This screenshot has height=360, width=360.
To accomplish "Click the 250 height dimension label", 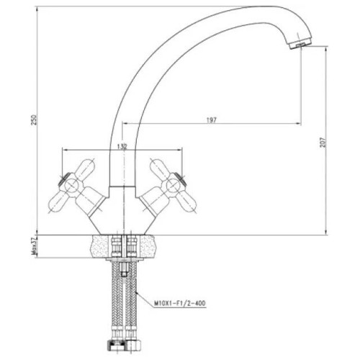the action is [35, 120].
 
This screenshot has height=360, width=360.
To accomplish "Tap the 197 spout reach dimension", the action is [212, 120].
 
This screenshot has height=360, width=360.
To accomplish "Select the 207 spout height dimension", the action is [323, 142].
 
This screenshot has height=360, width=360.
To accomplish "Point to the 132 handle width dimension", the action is [122, 146].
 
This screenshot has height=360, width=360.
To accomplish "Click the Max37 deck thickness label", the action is [35, 246].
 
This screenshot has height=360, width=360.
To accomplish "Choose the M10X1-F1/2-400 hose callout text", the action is [180, 303].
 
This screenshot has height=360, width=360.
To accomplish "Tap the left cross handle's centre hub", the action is [71, 185].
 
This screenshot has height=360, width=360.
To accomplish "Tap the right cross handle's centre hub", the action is [173, 185].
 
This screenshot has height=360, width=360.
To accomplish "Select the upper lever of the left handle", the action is [84, 168].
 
